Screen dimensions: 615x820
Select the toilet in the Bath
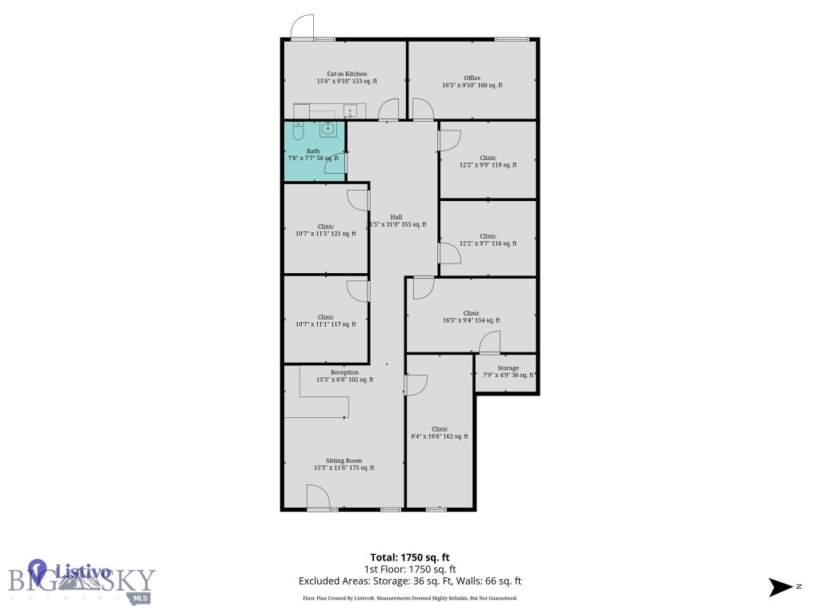pyautogui.click(x=299, y=131)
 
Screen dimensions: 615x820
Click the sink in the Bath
pyautogui.click(x=328, y=129)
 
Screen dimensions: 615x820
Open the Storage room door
pyautogui.click(x=489, y=345)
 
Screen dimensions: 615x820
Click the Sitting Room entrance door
pyautogui.click(x=318, y=499)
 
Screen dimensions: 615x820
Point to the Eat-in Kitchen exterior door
pyautogui.click(x=302, y=28)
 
